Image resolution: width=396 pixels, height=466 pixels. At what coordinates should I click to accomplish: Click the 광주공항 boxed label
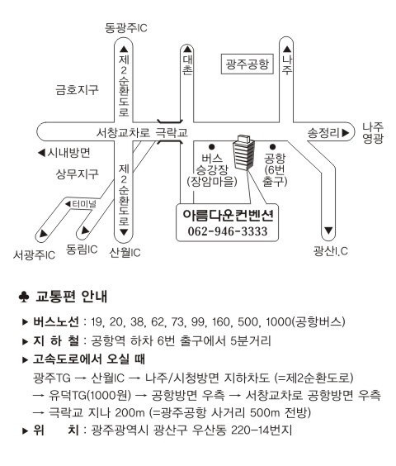[247, 64]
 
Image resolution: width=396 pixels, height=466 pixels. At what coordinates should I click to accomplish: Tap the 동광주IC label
[126, 28]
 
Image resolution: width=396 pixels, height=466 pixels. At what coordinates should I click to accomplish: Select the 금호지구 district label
[77, 90]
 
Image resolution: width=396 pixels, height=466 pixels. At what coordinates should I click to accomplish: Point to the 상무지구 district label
[77, 174]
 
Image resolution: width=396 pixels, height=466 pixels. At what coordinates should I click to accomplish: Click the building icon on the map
[244, 153]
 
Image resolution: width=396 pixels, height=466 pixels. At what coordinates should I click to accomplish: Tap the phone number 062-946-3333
[228, 231]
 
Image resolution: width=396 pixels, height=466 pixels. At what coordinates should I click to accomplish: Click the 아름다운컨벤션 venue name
[228, 215]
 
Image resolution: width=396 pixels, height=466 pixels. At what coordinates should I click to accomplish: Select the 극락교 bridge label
[172, 132]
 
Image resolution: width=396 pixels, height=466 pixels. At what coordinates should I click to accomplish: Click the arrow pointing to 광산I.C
[328, 231]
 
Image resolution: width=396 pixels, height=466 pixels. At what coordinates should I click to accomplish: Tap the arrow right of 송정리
[345, 133]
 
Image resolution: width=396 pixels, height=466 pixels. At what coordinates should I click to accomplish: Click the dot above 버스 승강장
[212, 146]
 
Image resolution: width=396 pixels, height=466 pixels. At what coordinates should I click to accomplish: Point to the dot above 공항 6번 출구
[273, 146]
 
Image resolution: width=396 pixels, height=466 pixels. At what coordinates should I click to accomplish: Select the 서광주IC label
[34, 254]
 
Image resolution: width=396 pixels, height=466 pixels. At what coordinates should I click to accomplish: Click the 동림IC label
[82, 249]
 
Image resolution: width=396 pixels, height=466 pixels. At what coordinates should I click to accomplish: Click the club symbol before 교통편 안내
[24, 297]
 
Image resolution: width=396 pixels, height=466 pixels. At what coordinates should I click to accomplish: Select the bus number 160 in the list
[221, 321]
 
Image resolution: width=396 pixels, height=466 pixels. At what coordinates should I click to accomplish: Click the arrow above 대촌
[187, 50]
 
